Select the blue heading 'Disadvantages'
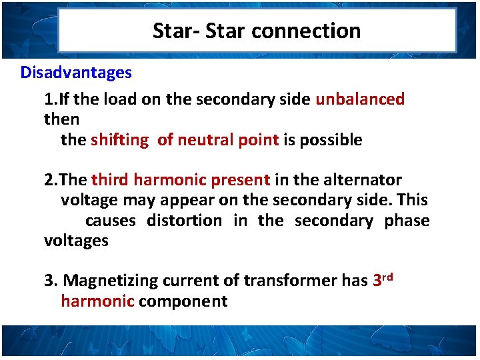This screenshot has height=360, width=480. click(x=76, y=72)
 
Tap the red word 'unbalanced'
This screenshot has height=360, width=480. click(x=360, y=99)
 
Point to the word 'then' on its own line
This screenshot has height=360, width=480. click(x=61, y=119)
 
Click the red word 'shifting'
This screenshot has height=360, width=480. click(x=120, y=140)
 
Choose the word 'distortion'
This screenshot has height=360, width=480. click(x=185, y=221)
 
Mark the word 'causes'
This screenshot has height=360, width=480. click(x=110, y=221)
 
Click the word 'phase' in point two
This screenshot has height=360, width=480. click(x=407, y=221)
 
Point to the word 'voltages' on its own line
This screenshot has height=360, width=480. click(x=76, y=241)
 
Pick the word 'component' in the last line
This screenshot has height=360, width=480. click(x=183, y=301)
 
